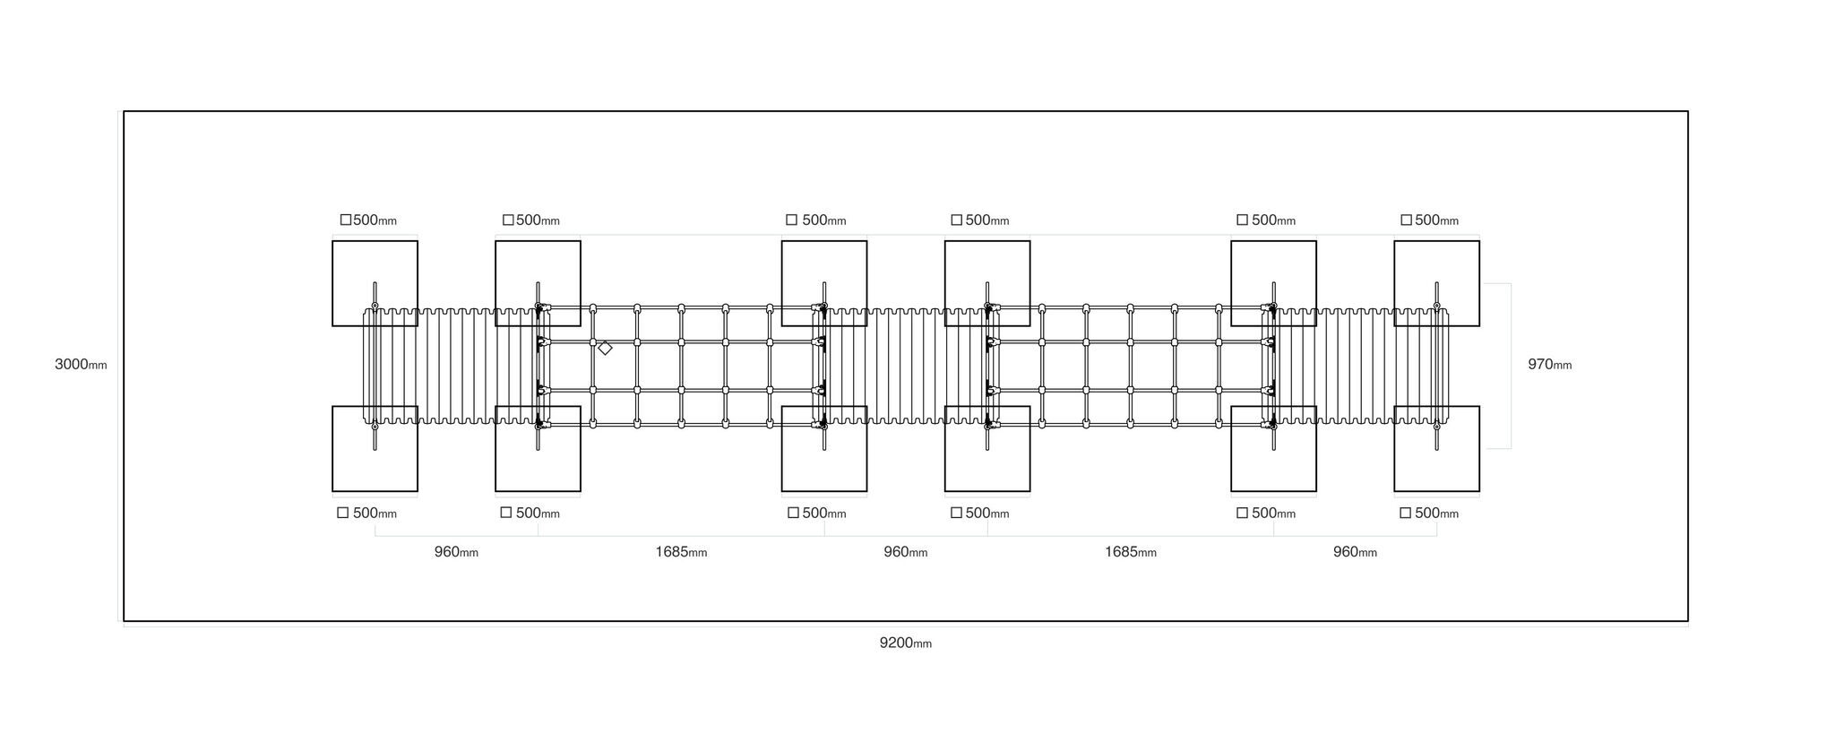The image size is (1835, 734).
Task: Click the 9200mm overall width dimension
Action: coord(905,643)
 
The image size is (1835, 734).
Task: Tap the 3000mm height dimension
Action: coord(81,364)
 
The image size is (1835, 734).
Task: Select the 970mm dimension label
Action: coord(1549,365)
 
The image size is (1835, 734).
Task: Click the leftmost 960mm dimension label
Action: coord(456,552)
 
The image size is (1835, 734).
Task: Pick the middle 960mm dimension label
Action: coord(905,552)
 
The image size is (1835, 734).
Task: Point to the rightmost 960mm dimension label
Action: coord(1355,552)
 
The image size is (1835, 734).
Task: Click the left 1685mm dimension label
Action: coord(681,552)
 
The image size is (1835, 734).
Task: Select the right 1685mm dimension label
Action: coord(1130,552)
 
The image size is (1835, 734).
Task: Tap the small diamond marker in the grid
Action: coord(605,348)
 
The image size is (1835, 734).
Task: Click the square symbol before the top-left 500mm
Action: coord(346,220)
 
